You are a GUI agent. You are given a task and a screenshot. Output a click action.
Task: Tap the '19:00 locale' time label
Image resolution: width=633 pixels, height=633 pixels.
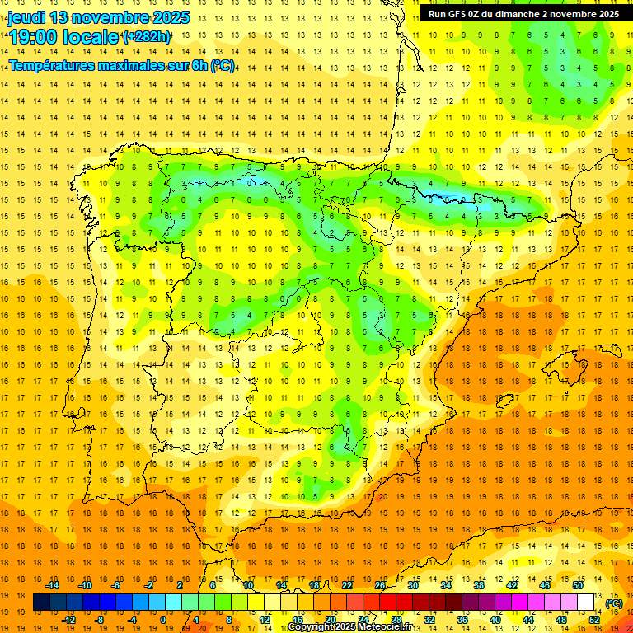coord(63,36)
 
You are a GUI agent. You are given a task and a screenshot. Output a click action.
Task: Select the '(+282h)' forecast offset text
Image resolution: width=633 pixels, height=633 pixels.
coord(147,36)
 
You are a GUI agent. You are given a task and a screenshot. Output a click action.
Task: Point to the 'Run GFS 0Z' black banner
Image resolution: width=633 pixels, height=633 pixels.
coord(523,14)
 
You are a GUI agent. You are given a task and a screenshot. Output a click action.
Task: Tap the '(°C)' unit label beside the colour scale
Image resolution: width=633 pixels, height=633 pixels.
coord(614,603)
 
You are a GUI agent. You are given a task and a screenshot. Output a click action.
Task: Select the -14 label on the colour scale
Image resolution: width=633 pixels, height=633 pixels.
coord(53,585)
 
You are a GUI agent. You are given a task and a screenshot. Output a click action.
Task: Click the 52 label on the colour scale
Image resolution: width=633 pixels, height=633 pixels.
coord(594,619)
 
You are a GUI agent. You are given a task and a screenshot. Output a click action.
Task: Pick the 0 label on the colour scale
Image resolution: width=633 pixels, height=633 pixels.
coord(163,619)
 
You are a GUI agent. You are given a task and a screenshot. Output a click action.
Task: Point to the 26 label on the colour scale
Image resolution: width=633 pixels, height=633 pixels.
coord(380,585)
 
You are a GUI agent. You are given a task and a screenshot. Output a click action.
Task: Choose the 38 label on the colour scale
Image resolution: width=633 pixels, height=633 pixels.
coord(479,585)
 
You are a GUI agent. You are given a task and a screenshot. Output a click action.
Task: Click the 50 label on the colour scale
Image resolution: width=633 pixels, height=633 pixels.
coord(578,585)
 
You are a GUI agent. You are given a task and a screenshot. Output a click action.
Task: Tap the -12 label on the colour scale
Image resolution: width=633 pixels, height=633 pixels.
coord(69,619)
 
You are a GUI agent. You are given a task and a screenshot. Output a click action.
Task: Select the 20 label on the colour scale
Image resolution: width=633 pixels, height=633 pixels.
coord(331,619)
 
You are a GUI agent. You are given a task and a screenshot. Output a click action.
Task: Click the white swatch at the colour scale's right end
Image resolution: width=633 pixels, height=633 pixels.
coord(586,603)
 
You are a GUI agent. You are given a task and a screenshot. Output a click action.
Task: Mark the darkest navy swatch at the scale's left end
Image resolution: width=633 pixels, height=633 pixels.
coord(41,603)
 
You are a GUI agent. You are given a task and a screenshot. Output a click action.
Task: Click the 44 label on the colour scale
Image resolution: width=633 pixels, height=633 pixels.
coord(528,619)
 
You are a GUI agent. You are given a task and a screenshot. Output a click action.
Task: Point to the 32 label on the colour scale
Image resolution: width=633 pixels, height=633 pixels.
coord(429,619)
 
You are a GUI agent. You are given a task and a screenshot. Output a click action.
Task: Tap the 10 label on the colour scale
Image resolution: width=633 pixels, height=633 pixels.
coord(248,585)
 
